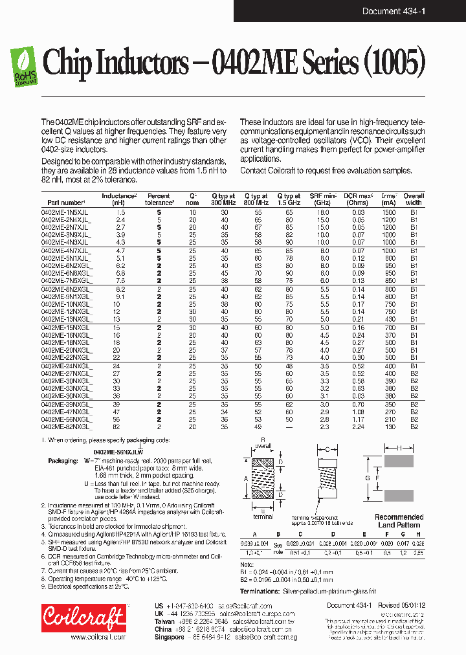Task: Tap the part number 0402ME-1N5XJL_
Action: [x=67, y=212]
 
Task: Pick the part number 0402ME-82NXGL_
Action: [x=67, y=427]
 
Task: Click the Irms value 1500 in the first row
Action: [x=388, y=212]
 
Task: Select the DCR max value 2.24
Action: [x=359, y=427]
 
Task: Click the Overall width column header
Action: [x=414, y=199]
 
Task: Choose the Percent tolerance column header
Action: [x=159, y=199]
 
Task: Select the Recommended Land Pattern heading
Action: [x=399, y=520]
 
